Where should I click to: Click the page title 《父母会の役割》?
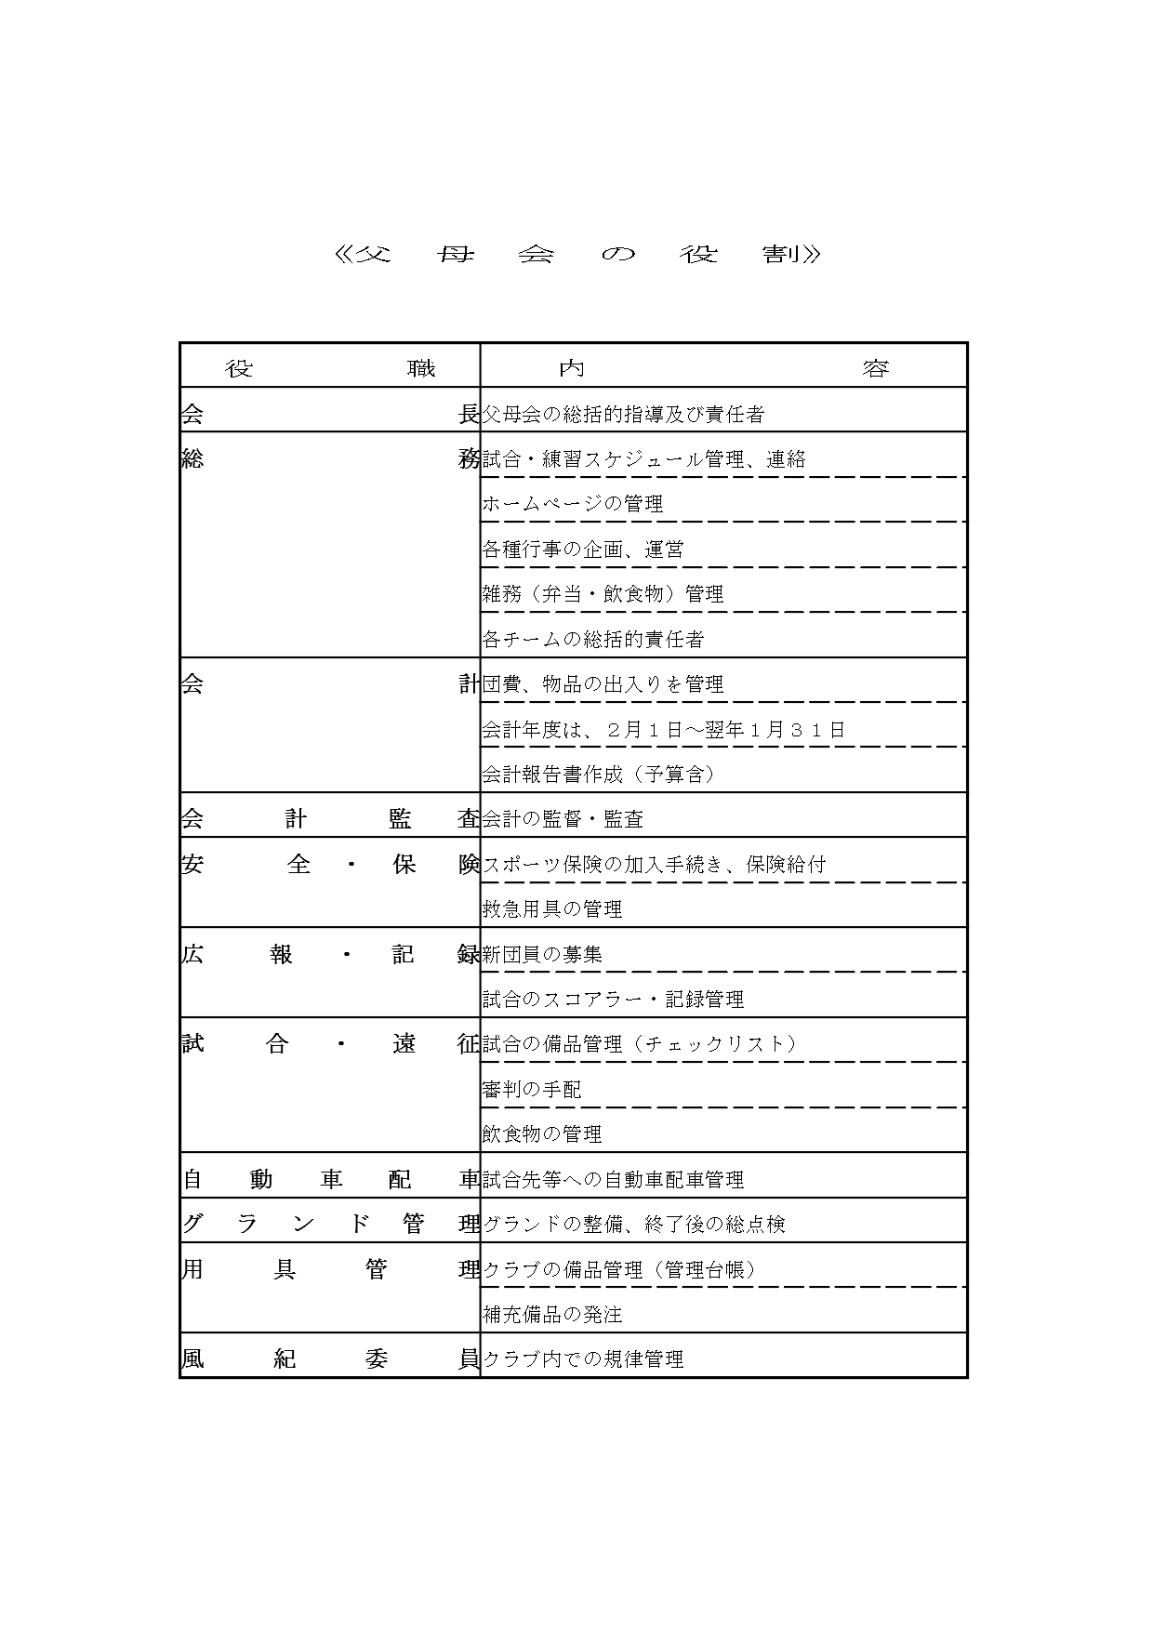coord(576,254)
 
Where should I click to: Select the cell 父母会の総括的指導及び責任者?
coord(623,415)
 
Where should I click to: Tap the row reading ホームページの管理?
coord(573,505)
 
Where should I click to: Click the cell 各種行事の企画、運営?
coord(583,550)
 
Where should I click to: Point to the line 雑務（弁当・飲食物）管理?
coord(603,594)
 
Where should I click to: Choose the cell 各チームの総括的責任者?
coord(593,640)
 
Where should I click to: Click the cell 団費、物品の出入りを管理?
coord(603,685)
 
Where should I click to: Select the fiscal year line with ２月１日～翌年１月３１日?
coord(664,730)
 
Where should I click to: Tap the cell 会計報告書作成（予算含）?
coord(598,775)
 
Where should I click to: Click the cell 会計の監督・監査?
coord(563,819)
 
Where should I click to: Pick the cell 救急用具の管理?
coord(552,909)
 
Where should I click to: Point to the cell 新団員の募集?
coord(542,954)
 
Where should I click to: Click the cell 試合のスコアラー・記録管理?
coord(613,1000)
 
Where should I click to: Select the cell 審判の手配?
coord(532,1089)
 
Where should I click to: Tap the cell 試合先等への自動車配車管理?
coord(613,1180)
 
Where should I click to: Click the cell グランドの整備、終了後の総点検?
coord(633,1225)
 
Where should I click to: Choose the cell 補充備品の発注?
coord(552,1315)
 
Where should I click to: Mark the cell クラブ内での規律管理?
coord(583,1359)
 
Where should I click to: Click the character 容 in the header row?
coord(875,369)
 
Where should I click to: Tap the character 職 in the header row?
coord(421,369)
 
